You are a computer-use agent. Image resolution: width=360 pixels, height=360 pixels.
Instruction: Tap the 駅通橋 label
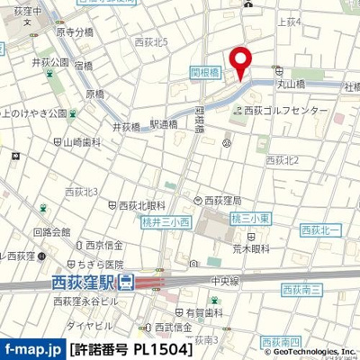(x=163, y=125)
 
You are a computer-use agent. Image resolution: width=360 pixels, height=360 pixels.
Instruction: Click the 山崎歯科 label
(x=85, y=142)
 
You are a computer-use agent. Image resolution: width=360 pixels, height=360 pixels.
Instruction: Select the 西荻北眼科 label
(x=142, y=205)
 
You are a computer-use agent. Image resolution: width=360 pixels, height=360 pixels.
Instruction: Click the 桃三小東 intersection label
(x=247, y=218)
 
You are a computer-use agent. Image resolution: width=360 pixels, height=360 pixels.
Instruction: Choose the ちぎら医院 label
(x=102, y=265)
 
